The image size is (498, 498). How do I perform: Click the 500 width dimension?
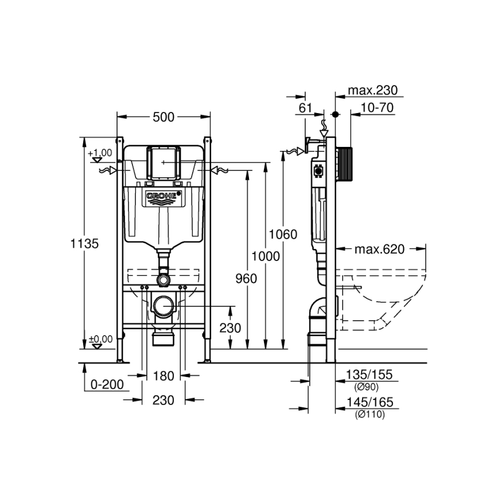tap(164, 117)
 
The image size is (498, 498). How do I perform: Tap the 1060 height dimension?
tap(283, 234)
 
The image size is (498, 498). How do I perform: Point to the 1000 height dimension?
tap(266, 256)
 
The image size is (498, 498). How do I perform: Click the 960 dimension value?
tap(247, 278)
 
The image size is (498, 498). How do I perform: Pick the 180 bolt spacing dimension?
tap(164, 376)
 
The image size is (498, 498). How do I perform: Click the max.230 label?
tap(372, 91)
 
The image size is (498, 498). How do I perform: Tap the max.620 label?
tap(379, 249)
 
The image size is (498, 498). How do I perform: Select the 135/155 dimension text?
tap(369, 375)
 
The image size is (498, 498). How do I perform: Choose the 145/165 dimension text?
tap(369, 403)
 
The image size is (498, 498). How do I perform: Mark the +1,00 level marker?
tap(100, 153)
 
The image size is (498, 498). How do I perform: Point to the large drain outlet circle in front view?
tap(164, 305)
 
